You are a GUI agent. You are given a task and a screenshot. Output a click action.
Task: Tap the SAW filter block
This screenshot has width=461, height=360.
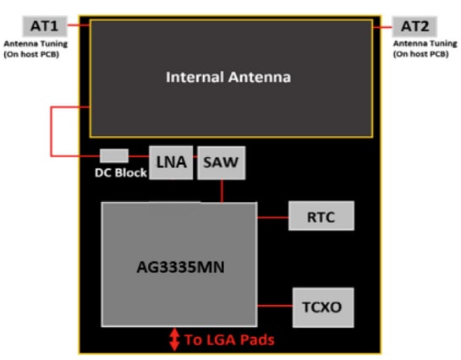[222, 162]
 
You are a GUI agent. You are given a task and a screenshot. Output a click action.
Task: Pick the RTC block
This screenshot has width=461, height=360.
[321, 217]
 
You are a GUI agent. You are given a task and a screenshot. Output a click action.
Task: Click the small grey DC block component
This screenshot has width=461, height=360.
[114, 155]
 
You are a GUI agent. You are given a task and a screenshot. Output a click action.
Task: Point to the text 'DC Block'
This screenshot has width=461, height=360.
[119, 173]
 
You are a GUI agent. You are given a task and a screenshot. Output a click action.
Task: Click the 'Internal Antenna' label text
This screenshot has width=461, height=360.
[228, 77]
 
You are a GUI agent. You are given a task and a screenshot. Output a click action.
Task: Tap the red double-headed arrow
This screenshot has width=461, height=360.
[174, 340]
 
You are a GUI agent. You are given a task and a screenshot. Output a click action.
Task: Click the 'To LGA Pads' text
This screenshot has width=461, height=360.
[228, 340]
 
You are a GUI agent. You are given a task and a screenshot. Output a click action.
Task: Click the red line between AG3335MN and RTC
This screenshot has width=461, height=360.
[272, 217]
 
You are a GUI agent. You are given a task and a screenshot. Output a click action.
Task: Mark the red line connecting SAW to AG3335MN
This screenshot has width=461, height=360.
[222, 190]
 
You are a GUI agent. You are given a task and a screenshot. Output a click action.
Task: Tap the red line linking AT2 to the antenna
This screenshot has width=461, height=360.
[384, 25]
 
